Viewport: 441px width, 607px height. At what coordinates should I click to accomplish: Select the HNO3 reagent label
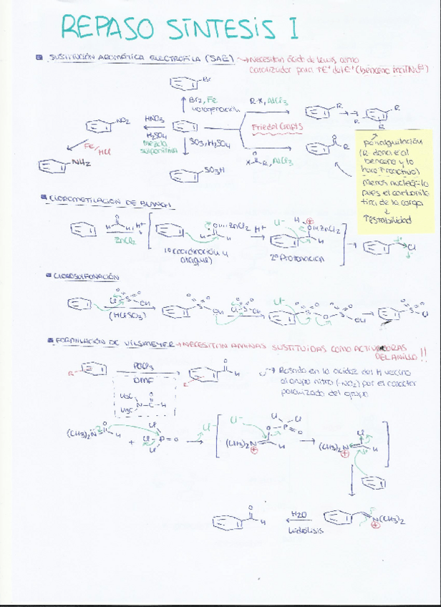click(x=154, y=118)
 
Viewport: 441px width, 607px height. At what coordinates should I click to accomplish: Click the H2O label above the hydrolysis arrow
click(x=299, y=514)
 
